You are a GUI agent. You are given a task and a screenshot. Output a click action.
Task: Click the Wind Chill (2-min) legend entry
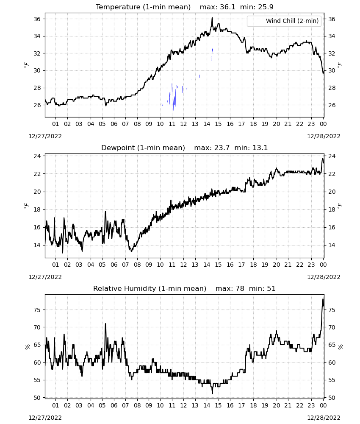point(284,21)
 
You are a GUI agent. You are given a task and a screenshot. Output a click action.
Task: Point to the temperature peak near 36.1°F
point(212,18)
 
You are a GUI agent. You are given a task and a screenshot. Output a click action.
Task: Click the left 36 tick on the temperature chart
point(37,19)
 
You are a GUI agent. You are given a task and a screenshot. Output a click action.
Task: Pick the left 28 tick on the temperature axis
point(37,88)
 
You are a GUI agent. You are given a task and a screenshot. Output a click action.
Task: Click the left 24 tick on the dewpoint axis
point(37,156)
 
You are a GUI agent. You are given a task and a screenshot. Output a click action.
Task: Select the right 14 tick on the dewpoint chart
point(332,245)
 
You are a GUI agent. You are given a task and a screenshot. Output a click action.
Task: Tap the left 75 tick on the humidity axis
point(37,310)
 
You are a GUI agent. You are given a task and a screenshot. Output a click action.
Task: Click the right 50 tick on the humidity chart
point(332,398)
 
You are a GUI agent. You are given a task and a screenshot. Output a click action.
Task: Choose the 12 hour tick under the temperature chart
point(183,124)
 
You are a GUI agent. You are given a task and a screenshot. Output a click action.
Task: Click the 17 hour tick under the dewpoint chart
point(241,265)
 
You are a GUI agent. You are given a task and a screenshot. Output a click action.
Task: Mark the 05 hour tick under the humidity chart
point(102,405)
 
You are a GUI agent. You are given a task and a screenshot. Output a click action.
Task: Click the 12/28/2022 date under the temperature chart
point(324,136)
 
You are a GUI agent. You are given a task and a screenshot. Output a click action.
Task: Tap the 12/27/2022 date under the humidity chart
point(45,418)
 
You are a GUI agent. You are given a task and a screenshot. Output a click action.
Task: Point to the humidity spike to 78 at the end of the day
point(323,299)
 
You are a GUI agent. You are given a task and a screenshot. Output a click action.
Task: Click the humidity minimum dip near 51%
point(212,393)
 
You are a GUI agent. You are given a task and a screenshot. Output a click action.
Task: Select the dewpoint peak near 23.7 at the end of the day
point(323,159)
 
